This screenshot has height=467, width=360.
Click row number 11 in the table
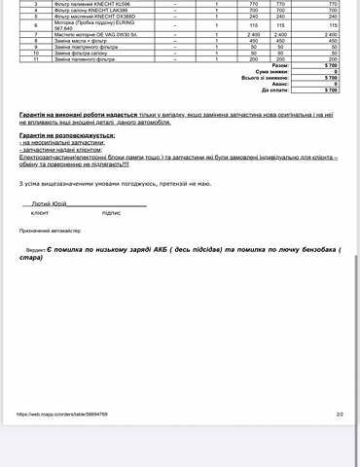35,58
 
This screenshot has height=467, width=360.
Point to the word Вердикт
37,251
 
